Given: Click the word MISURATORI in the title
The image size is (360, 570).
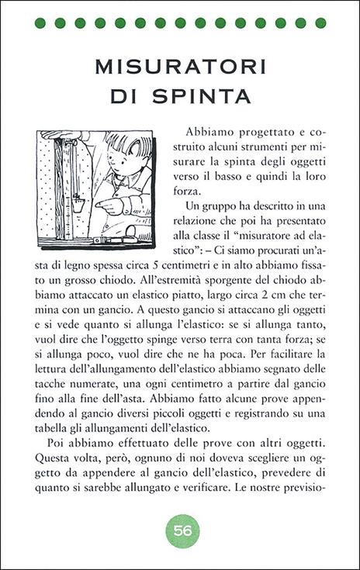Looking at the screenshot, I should click(180, 67).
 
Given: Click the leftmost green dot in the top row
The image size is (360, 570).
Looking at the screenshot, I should click(40, 22).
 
